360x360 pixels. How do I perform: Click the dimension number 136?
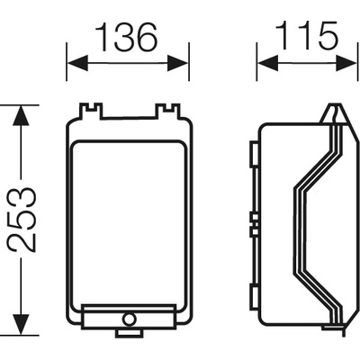pyautogui.click(x=127, y=37)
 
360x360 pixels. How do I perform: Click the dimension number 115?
pyautogui.click(x=307, y=36)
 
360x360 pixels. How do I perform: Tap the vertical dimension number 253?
pyautogui.click(x=22, y=220)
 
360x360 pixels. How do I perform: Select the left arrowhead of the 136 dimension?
pyautogui.click(x=77, y=63)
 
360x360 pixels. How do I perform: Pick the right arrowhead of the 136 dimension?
pyautogui.click(x=177, y=63)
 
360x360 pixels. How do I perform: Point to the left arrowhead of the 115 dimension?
pyautogui.click(x=268, y=63)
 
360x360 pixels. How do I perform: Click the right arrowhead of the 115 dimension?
pyautogui.click(x=346, y=63)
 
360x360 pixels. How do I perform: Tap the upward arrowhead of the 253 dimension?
pyautogui.click(x=21, y=116)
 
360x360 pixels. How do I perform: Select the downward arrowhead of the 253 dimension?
pyautogui.click(x=21, y=324)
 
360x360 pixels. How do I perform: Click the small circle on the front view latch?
pyautogui.click(x=129, y=319)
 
